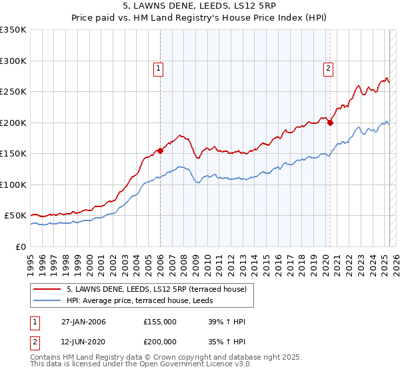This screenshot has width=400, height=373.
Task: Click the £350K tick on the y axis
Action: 13,30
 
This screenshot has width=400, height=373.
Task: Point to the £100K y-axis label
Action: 13,185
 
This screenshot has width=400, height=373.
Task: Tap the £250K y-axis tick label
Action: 13,92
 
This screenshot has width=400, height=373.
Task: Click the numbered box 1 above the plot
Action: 159,67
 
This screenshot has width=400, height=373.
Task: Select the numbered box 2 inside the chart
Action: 329,67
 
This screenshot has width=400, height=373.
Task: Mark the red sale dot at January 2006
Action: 160,151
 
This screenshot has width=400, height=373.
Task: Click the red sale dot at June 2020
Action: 330,123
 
